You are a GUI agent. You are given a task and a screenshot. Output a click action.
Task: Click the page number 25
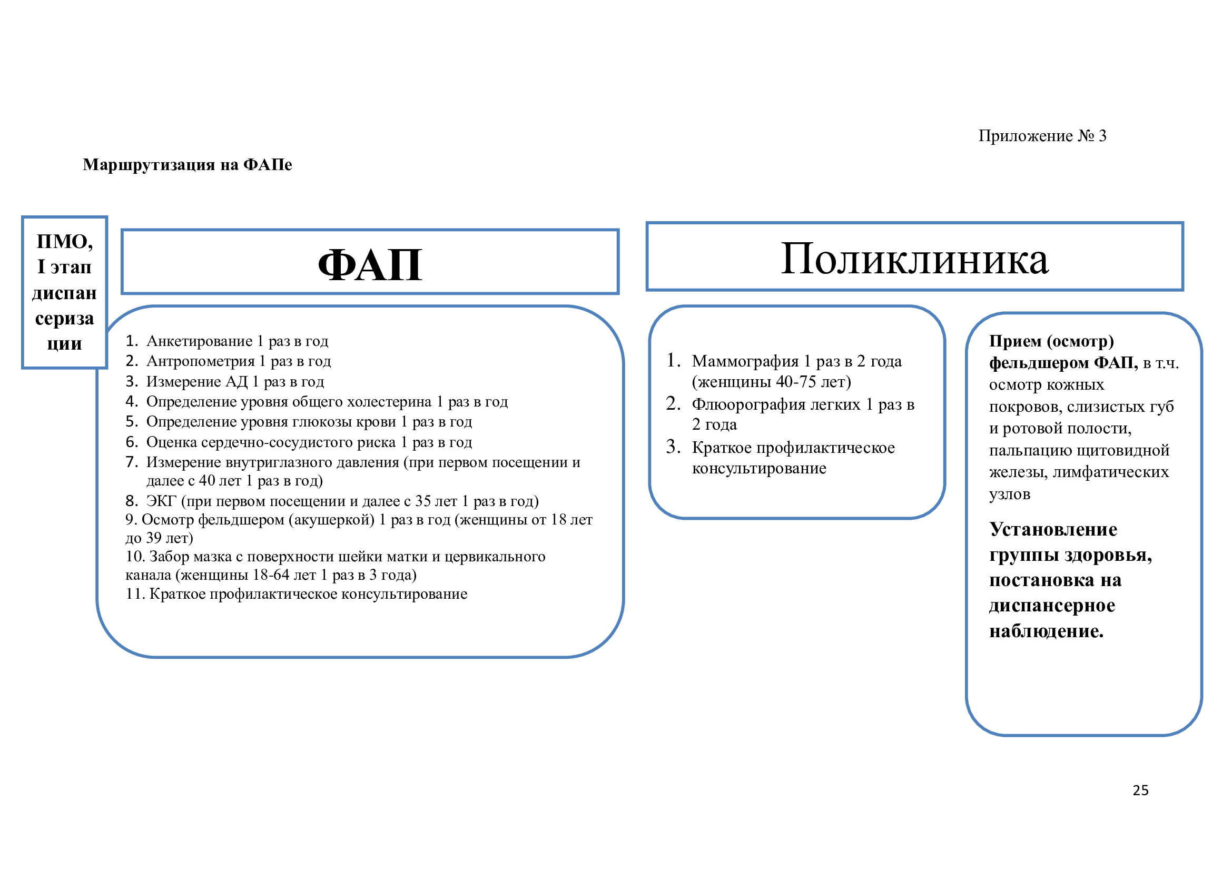(x=1140, y=790)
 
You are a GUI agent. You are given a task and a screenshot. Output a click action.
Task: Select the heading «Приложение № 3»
(x=1042, y=136)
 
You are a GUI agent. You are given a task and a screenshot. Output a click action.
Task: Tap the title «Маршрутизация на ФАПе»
(x=188, y=165)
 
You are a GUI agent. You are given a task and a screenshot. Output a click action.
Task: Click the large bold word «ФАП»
(x=370, y=265)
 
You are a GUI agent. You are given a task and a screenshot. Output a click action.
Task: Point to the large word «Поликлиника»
(x=914, y=260)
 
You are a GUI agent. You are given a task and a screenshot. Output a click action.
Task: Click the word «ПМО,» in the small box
(x=64, y=242)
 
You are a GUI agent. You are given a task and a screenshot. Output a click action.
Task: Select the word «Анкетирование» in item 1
(x=199, y=341)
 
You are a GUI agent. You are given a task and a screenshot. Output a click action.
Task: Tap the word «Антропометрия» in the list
(x=200, y=361)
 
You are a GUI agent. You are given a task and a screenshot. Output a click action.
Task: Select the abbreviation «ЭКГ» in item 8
(x=161, y=501)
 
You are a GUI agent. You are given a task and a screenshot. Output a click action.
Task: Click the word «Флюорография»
(x=749, y=404)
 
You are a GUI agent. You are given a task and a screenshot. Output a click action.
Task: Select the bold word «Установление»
(x=1053, y=529)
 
